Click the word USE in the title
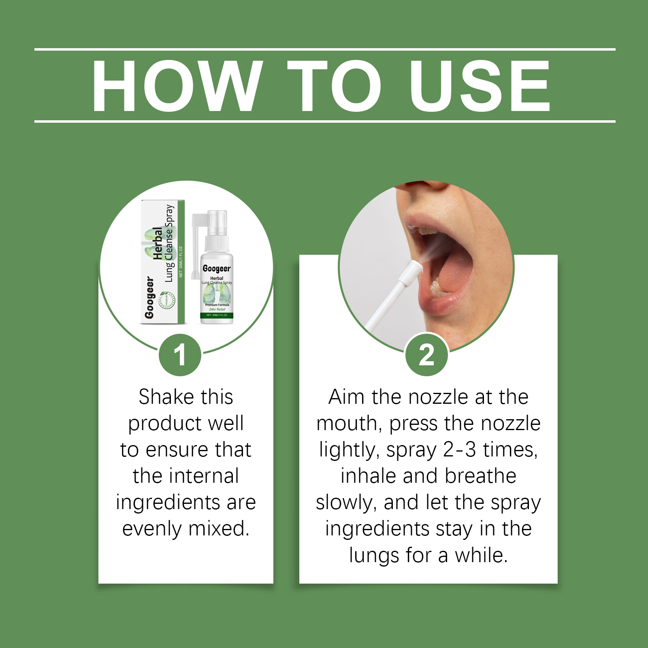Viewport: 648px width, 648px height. coord(480,86)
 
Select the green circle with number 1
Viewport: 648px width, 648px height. coord(180,355)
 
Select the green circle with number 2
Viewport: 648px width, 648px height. coord(426,355)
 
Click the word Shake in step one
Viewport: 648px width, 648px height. coord(163,397)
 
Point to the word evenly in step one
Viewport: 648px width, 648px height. coord(152,529)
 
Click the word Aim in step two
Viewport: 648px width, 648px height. coord(347,397)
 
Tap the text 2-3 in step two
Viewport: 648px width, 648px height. coord(460,450)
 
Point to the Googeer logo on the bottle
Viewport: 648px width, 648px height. coord(217,269)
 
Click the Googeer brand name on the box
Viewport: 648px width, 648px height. coord(149,298)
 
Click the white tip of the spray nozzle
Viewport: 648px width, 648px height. coord(411,271)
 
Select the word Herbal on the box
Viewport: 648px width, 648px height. coord(158,243)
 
